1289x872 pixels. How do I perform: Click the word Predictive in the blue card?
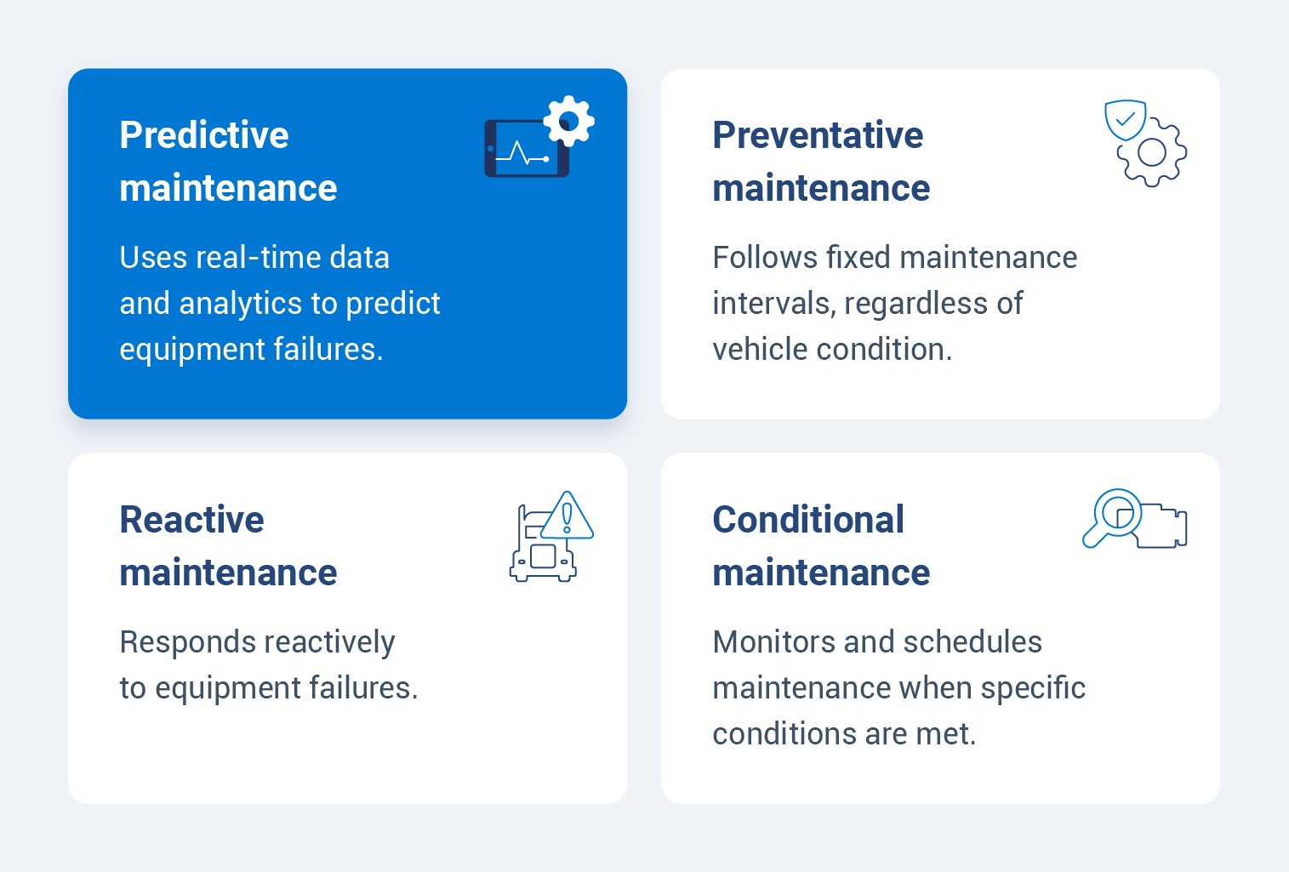204,135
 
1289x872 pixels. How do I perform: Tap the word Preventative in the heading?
818,135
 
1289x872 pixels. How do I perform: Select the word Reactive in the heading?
191,520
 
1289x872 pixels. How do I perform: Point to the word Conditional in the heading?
808,520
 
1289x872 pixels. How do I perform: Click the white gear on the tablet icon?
569,121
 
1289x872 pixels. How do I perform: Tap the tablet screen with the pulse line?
525,151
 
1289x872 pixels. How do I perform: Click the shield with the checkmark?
1125,120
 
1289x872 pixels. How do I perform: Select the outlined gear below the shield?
1152,153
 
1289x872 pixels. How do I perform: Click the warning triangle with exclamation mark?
568,516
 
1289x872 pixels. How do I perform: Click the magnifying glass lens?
1116,511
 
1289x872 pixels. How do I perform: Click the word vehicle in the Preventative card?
760,350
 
